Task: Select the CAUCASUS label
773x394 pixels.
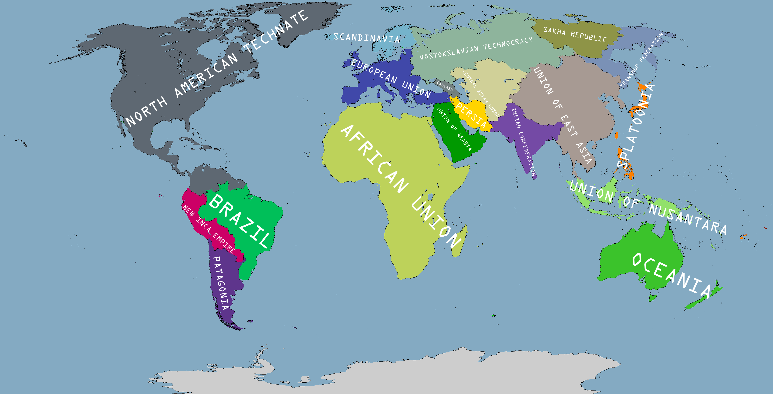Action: click(x=446, y=87)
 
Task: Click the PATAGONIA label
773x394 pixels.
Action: click(x=221, y=283)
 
